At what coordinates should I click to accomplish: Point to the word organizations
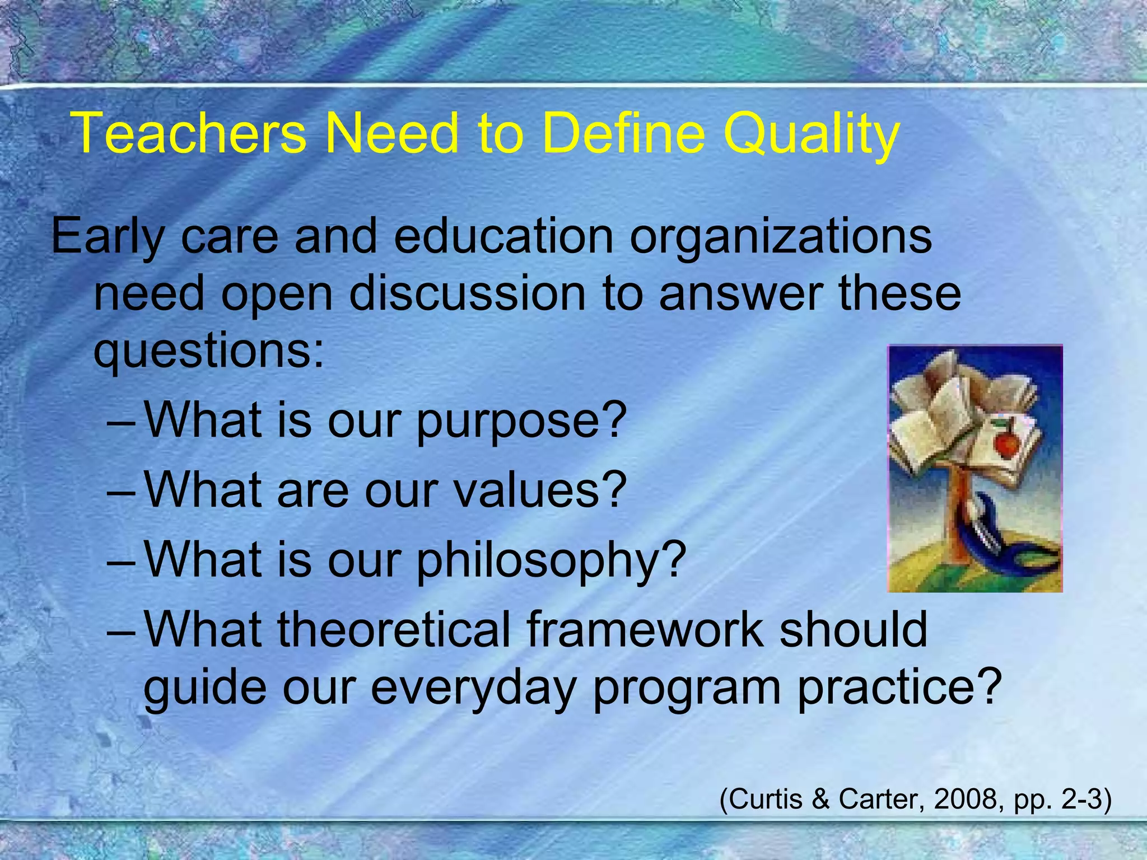[781, 237]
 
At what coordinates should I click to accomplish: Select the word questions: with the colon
[208, 353]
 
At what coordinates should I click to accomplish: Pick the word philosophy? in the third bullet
[551, 562]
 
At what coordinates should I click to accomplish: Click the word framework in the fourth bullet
[644, 630]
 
